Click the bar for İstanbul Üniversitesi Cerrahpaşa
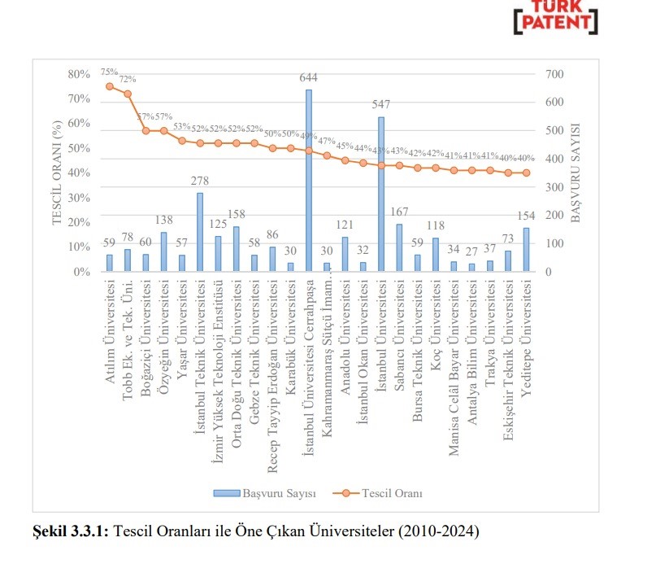click(x=309, y=181)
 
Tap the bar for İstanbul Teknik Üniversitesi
click(x=200, y=232)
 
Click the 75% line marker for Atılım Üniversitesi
click(x=110, y=86)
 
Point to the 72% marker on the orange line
click(x=128, y=94)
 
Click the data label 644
click(x=308, y=78)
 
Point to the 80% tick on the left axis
click(x=79, y=74)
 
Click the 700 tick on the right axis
click(x=554, y=74)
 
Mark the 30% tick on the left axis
click(x=79, y=198)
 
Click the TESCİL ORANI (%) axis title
click(x=58, y=173)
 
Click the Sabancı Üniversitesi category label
click(x=399, y=326)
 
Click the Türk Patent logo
click(x=555, y=18)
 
